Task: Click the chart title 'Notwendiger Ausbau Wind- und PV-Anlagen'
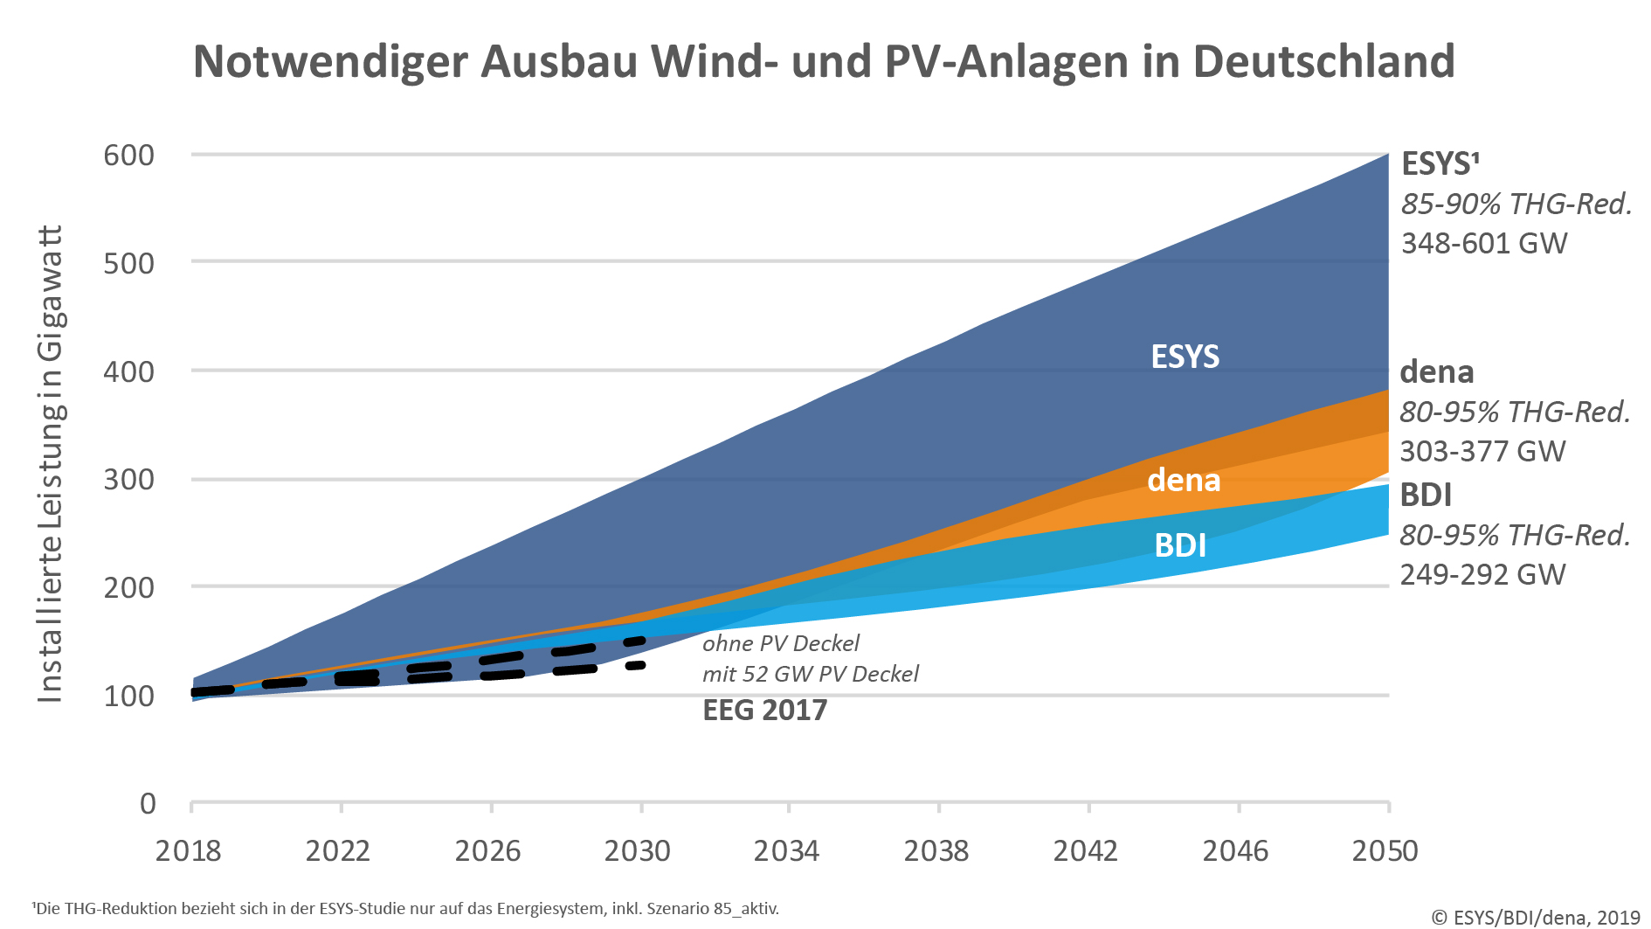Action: click(825, 62)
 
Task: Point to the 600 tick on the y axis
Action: click(129, 155)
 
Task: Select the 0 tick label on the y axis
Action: click(148, 803)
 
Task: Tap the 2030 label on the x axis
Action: click(638, 850)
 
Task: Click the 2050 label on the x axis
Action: click(1385, 850)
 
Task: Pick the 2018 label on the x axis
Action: click(189, 850)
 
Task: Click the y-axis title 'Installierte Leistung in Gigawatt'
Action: click(51, 464)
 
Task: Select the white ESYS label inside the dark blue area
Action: click(1185, 357)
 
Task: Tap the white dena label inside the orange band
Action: click(1184, 480)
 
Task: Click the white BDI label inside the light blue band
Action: click(1180, 545)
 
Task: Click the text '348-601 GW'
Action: click(1485, 243)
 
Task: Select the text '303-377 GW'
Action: click(1483, 451)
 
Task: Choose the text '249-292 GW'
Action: click(1483, 574)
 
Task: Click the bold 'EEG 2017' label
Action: click(765, 710)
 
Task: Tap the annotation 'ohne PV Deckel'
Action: click(781, 644)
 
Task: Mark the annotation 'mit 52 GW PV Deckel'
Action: click(811, 674)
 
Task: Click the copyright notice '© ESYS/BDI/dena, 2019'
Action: click(1537, 917)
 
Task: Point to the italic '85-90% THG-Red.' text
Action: click(1517, 204)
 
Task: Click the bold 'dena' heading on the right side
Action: click(1437, 372)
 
